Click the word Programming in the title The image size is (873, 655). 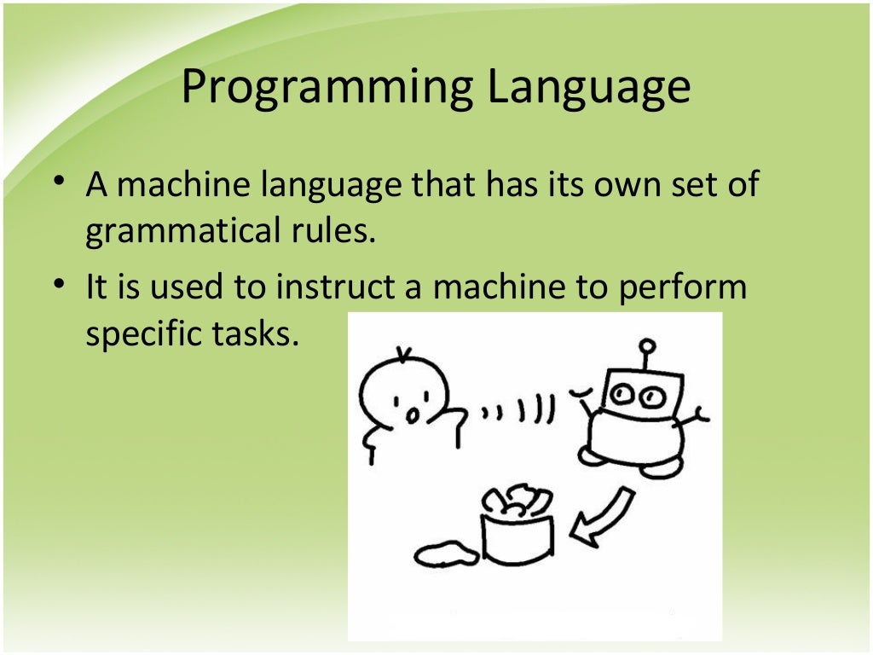[x=327, y=89]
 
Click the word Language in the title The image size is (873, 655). [x=587, y=89]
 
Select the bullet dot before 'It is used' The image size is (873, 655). [x=57, y=285]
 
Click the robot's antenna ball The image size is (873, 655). [x=648, y=345]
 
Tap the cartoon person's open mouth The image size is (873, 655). [x=411, y=414]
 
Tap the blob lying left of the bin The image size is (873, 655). [x=446, y=554]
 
